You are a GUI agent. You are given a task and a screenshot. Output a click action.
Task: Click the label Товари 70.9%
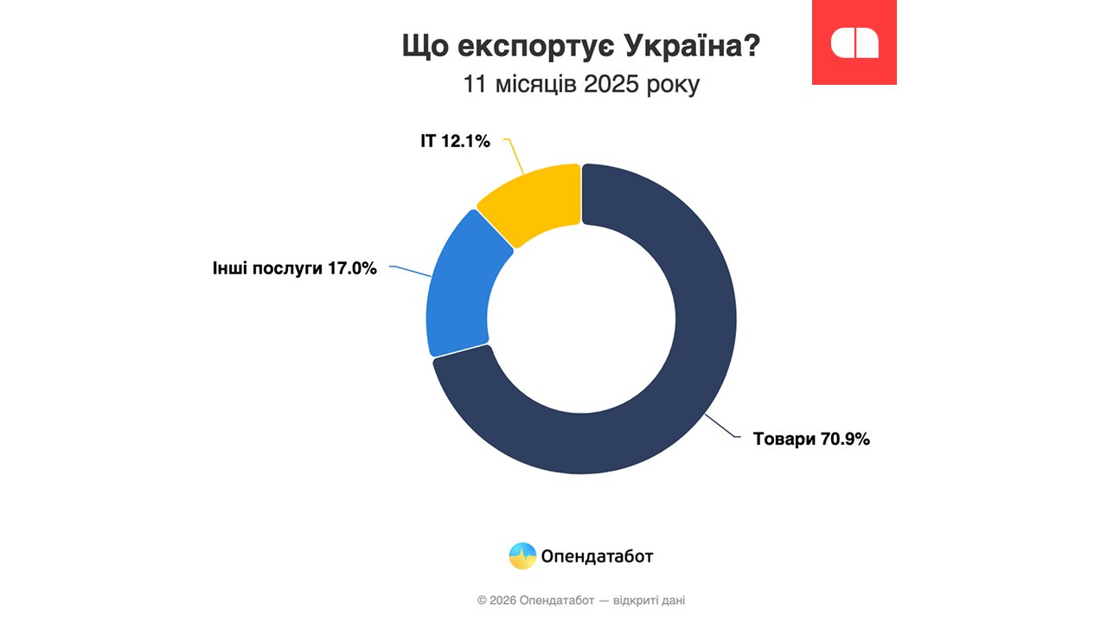[811, 439]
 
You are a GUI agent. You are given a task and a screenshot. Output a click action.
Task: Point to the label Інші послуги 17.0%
[295, 268]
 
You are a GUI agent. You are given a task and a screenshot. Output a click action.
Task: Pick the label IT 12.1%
[455, 140]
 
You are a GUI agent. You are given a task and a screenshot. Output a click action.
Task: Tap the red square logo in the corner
[854, 42]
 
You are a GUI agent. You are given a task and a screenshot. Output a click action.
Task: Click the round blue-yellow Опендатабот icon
[522, 556]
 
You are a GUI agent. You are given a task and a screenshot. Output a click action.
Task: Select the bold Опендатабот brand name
[597, 556]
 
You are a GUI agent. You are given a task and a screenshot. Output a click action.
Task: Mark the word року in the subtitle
[672, 86]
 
